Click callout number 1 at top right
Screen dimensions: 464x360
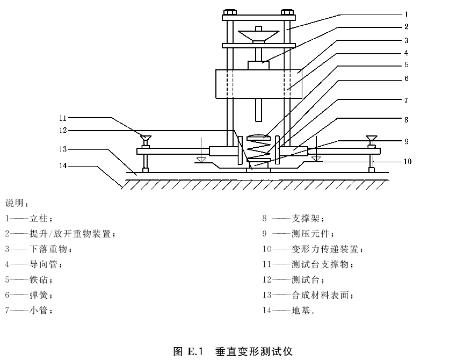407,14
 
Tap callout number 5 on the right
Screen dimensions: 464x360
407,64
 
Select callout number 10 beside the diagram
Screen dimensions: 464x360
408,161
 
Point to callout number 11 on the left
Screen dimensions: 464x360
63,118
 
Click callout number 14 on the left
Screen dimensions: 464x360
63,165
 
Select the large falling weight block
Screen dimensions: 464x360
259,84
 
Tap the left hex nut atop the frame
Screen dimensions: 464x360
230,12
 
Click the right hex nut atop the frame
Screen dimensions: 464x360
287,12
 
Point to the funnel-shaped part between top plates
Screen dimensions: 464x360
259,35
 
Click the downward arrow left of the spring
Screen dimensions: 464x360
201,149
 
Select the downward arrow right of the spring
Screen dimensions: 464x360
316,149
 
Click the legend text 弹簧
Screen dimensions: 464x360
39,295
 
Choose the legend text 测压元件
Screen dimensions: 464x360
310,234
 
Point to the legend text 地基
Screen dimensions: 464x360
301,310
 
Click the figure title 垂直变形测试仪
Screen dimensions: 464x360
254,352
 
